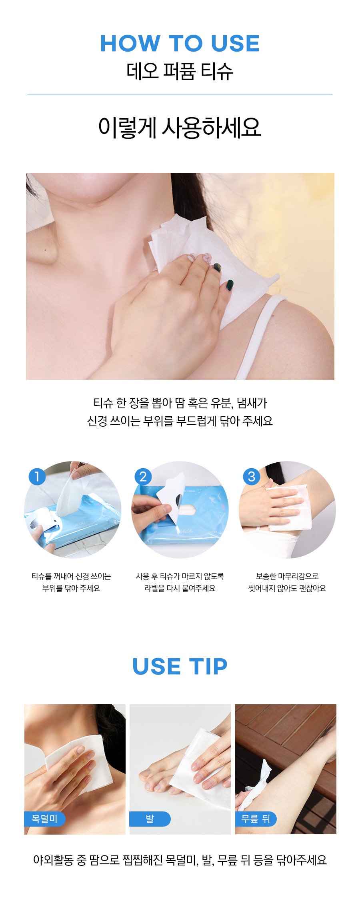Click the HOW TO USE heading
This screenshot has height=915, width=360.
pyautogui.click(x=180, y=43)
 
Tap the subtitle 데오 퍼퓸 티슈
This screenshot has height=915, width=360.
pyautogui.click(x=180, y=71)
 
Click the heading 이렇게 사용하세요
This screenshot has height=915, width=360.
pyautogui.click(x=180, y=128)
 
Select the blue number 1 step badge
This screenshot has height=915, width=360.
pyautogui.click(x=37, y=477)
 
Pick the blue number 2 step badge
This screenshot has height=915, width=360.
pyautogui.click(x=143, y=477)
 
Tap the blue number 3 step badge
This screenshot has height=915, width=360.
pyautogui.click(x=252, y=477)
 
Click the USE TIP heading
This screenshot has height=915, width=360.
pyautogui.click(x=180, y=666)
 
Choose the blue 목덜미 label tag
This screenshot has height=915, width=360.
pyautogui.click(x=44, y=819)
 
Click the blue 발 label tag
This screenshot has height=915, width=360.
pyautogui.click(x=150, y=819)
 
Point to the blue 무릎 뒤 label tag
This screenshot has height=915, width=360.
pyautogui.click(x=256, y=819)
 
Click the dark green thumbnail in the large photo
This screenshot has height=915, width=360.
pyautogui.click(x=230, y=285)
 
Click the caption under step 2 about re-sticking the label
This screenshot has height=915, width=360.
pyautogui.click(x=180, y=582)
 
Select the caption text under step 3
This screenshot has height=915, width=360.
pyautogui.click(x=287, y=582)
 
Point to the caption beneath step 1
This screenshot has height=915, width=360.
pyautogui.click(x=71, y=582)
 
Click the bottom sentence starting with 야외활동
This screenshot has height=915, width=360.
pyautogui.click(x=180, y=859)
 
